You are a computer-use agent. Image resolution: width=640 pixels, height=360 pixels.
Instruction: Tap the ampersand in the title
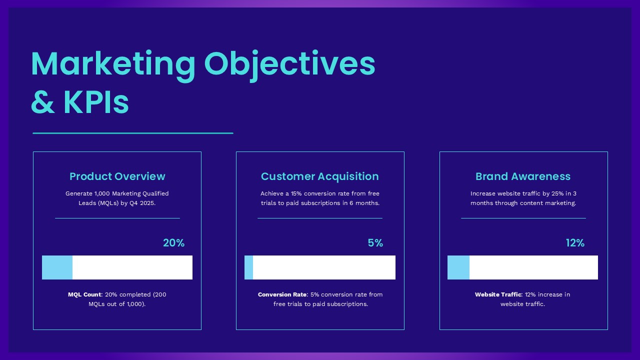pos(42,102)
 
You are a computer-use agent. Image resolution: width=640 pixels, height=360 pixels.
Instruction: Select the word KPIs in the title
pos(96,102)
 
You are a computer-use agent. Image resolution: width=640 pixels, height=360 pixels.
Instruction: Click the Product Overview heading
pos(117,176)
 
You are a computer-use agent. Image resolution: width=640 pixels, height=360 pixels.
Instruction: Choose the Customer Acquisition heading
pos(319,176)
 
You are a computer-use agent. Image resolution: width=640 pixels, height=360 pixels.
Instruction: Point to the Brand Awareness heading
pos(522,176)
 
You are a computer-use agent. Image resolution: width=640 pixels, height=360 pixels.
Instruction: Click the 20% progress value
pos(173,243)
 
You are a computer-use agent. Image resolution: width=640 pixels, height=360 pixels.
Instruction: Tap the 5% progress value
pos(375,243)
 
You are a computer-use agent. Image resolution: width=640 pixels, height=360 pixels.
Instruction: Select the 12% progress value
pos(575,243)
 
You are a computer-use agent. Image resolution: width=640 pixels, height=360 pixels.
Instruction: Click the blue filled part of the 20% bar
pos(57,267)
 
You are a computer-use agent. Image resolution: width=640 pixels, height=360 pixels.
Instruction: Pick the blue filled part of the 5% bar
pos(248,267)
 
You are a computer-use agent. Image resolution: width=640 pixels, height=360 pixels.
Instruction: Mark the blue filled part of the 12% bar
pos(458,267)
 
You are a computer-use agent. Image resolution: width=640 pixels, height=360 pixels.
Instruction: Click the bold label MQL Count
pos(84,294)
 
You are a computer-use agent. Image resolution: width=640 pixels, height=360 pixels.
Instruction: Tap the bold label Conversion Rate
pos(282,294)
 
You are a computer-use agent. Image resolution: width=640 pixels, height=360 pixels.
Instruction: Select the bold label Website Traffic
pos(498,294)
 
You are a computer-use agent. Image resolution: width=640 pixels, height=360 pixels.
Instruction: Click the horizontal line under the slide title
pos(132,133)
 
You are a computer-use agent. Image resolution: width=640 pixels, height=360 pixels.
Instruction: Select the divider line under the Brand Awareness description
pos(523,218)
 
